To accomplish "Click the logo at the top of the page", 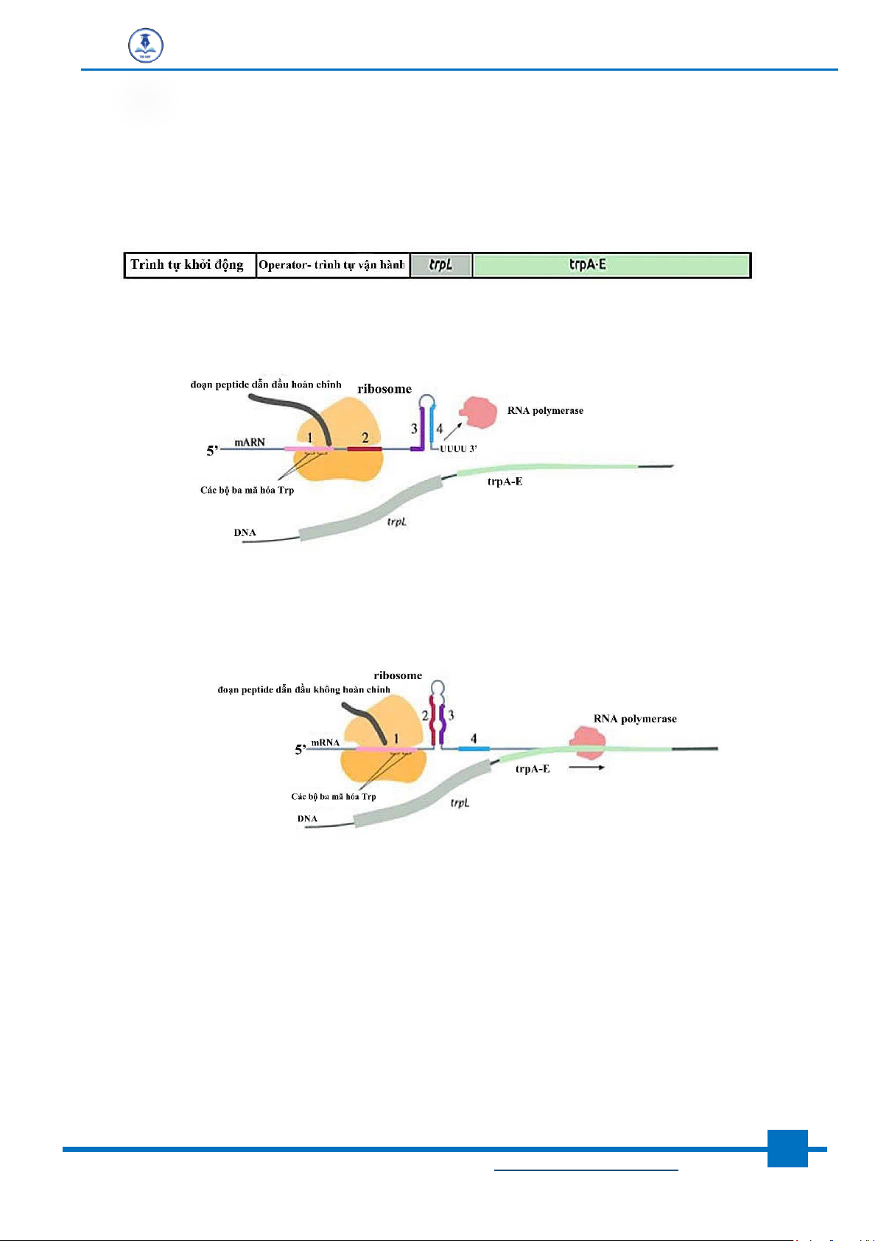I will pos(145,46).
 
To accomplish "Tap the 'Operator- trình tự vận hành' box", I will pos(332,265).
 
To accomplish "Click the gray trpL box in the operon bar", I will pos(440,265).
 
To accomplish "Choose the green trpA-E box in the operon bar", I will pos(611,265).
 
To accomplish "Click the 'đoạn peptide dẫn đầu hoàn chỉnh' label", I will pos(266,384).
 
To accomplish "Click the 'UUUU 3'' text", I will pos(459,449).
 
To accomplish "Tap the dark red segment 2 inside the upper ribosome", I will pos(365,448).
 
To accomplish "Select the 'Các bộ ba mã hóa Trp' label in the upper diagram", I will pos(247,491).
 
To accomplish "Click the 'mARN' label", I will pos(250,442).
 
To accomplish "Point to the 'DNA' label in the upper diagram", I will pos(245,532).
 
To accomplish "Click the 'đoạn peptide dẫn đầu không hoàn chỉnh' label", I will pos(303,690).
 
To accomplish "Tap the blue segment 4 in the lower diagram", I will pos(474,749).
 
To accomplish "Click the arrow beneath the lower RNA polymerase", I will pos(587,768).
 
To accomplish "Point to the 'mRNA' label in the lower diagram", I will pos(325,742).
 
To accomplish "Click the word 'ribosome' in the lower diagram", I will pos(398,675).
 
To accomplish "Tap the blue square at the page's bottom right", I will pos(787,1148).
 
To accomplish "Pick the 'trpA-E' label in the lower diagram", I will pos(533,769).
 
